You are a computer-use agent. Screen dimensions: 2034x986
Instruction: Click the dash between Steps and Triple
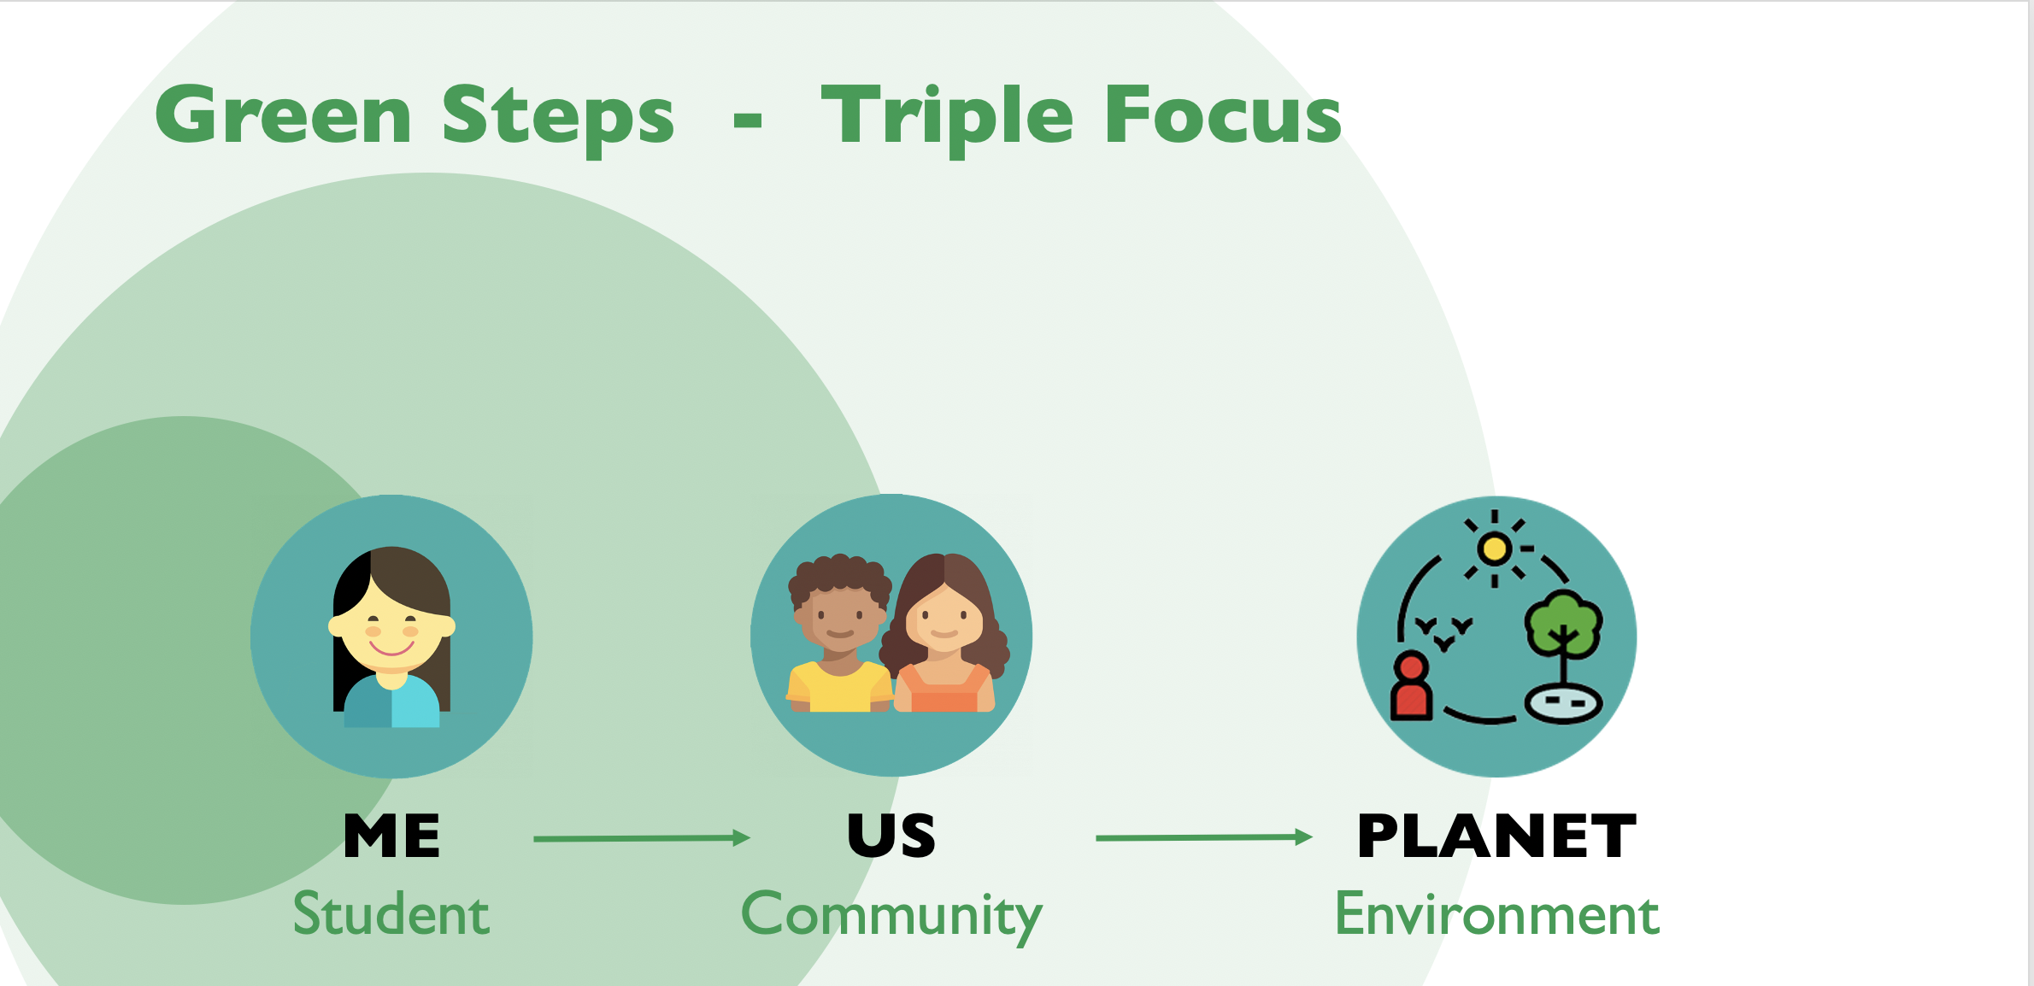coord(748,121)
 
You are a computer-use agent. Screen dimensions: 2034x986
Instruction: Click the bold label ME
coord(392,835)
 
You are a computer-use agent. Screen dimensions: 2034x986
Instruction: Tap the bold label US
coord(891,835)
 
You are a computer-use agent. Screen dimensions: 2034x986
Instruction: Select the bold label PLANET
coord(1496,835)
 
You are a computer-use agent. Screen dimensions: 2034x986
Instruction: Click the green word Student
coord(391,913)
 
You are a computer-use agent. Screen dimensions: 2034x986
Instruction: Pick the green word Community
coord(891,917)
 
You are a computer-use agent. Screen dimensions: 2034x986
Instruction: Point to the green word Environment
coord(1496,913)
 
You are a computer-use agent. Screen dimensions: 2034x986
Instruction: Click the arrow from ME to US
coord(642,838)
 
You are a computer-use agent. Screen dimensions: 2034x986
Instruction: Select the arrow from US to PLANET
coord(1204,837)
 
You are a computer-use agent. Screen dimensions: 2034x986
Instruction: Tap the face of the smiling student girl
coord(391,632)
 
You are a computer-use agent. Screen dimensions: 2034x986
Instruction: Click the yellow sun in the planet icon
coord(1495,549)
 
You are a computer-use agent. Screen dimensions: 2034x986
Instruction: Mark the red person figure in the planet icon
coord(1411,686)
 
